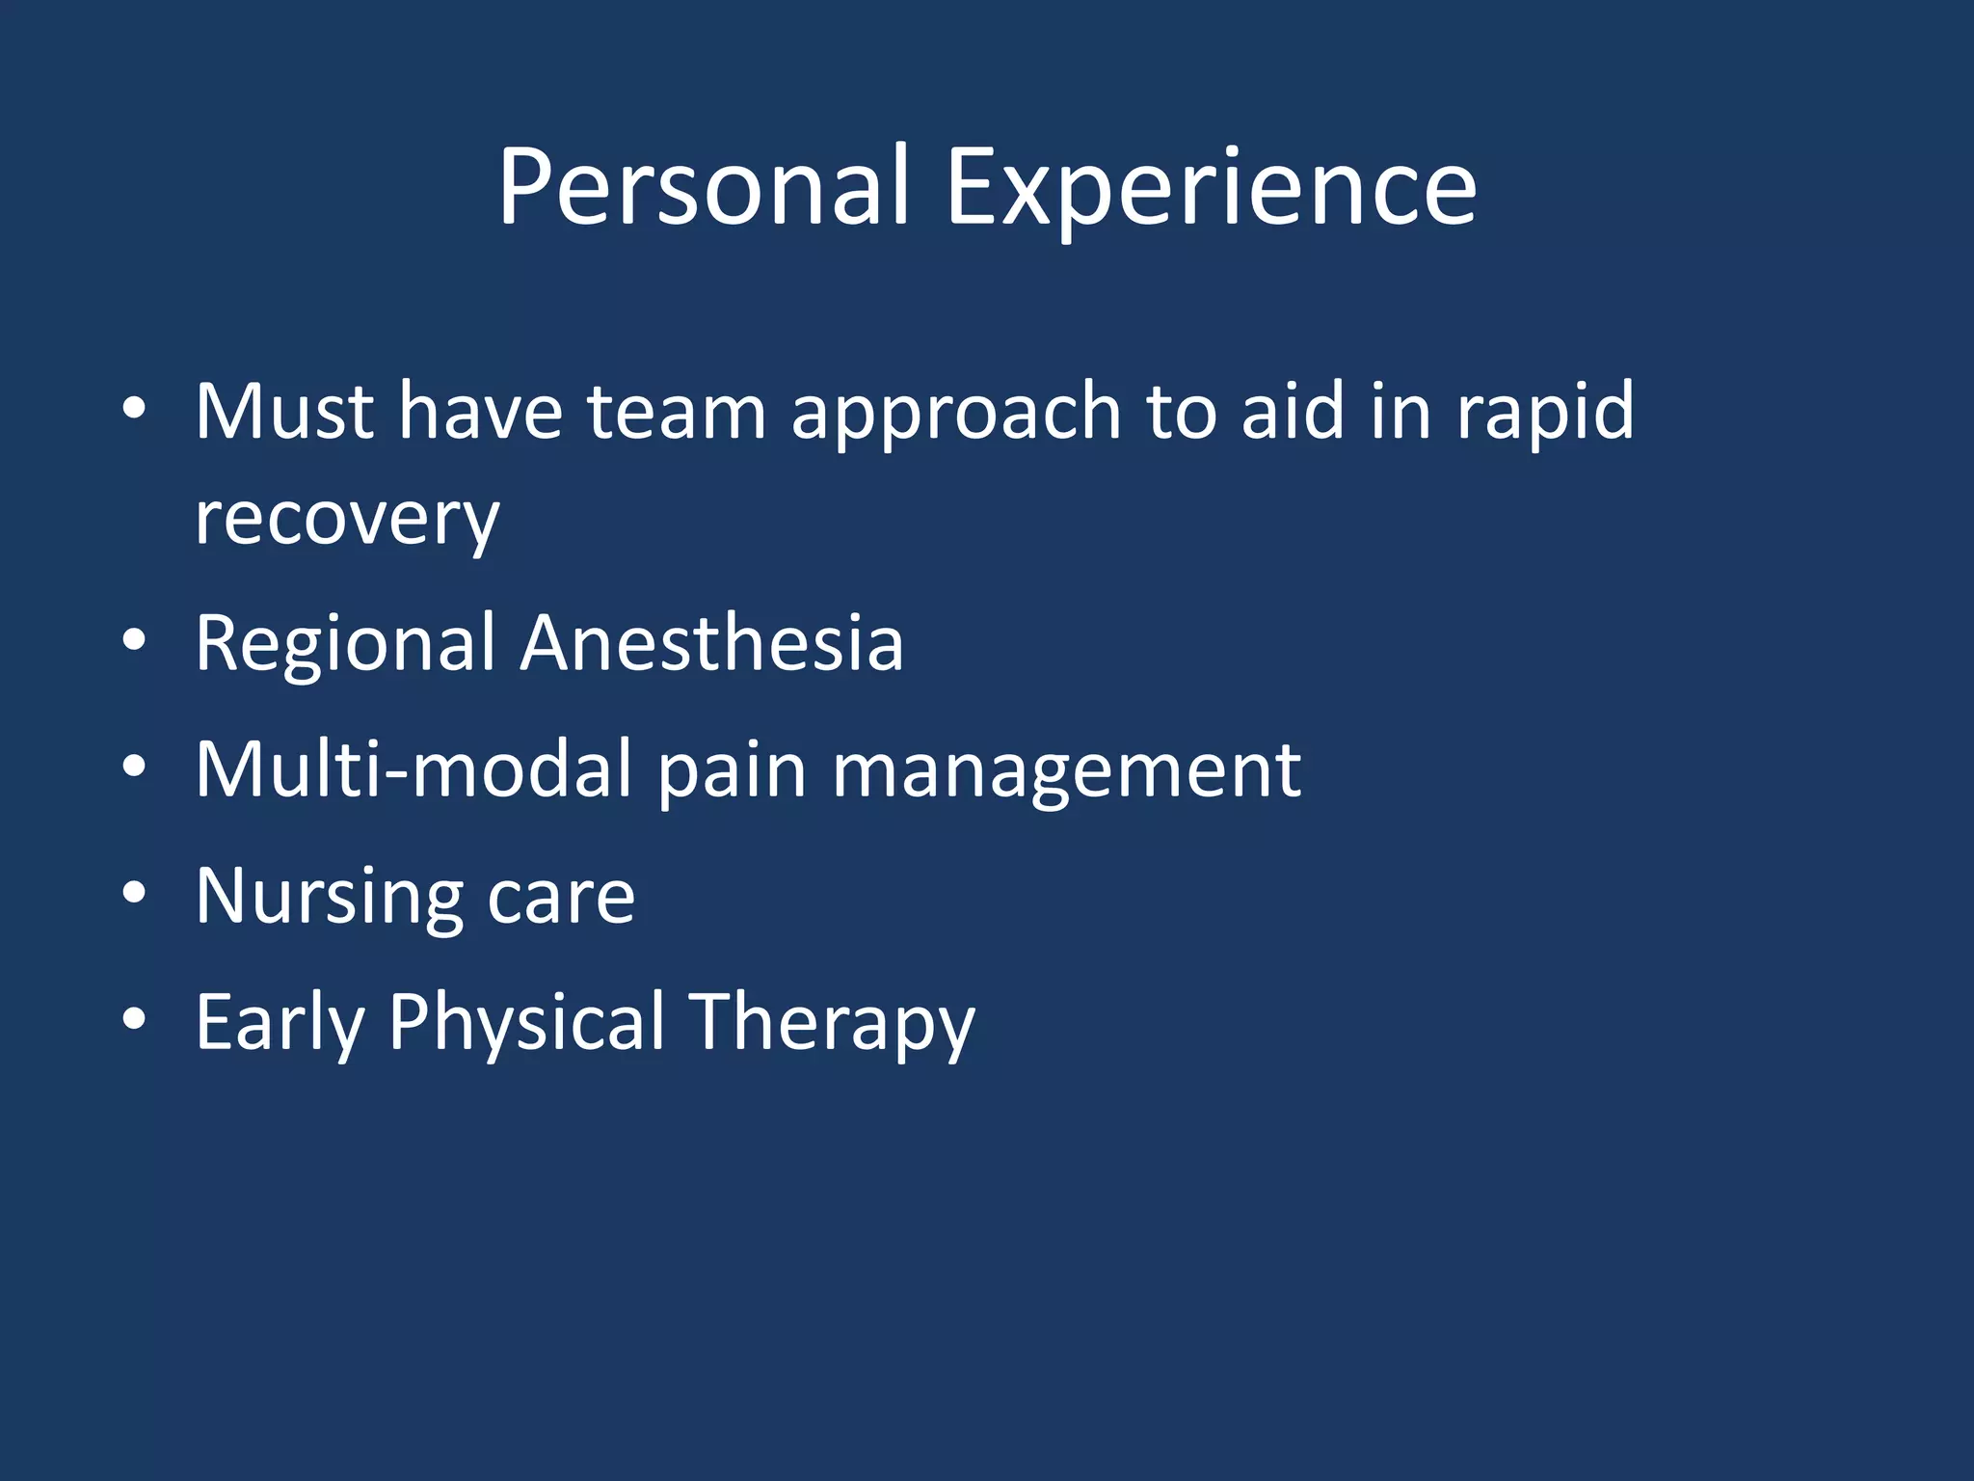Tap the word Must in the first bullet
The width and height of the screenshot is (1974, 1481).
pos(284,412)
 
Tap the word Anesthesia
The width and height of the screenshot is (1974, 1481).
pos(712,643)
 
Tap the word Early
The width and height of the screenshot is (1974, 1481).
pos(280,1024)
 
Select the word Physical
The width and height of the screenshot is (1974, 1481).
pos(526,1024)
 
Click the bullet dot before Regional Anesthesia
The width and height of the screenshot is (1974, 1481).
pos(134,640)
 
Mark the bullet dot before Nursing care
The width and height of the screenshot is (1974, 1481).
pos(134,893)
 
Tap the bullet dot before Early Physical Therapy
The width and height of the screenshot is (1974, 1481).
pos(134,1019)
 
